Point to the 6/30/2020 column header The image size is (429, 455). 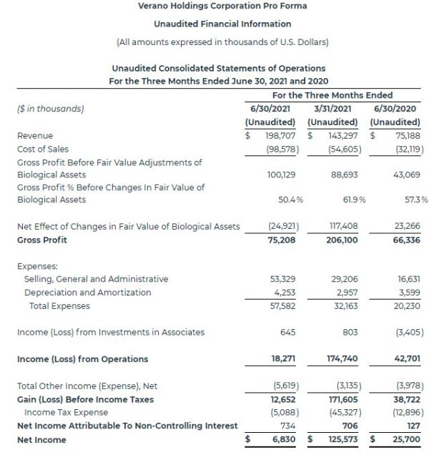point(395,108)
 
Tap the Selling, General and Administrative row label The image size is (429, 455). point(97,278)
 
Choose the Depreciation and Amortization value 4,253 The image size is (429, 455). point(285,292)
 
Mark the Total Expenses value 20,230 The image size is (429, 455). point(406,305)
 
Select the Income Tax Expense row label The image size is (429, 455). point(66,412)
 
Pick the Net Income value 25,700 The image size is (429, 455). point(405,439)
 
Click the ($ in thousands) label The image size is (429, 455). point(50,109)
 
